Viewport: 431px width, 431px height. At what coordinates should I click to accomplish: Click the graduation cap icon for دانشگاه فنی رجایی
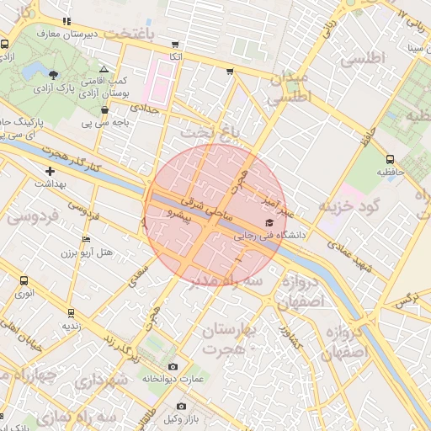point(269,223)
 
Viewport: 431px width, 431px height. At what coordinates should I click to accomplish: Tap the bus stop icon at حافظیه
point(390,159)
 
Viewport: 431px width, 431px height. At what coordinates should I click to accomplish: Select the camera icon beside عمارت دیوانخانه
point(173,366)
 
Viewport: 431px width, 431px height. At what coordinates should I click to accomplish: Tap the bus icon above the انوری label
point(24,279)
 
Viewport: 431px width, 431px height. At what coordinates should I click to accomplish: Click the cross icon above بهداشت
point(51,171)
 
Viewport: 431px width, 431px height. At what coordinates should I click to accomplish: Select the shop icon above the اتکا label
point(174,44)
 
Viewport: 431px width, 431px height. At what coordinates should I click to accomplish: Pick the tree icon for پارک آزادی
point(55,75)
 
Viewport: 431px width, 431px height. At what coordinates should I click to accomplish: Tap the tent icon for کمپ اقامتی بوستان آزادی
point(104,69)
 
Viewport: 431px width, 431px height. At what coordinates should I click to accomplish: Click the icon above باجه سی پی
point(104,109)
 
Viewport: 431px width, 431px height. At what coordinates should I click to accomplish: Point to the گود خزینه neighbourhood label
point(350,205)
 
